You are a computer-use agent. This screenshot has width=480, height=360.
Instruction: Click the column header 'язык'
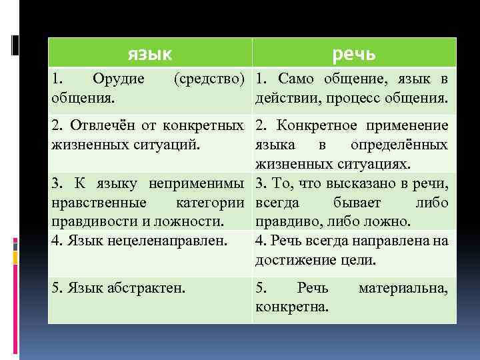(x=149, y=53)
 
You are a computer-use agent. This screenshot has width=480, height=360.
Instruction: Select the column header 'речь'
(x=353, y=53)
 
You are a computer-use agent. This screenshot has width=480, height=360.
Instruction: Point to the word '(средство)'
(x=210, y=79)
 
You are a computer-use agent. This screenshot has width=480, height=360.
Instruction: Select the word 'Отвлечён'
(x=98, y=125)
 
